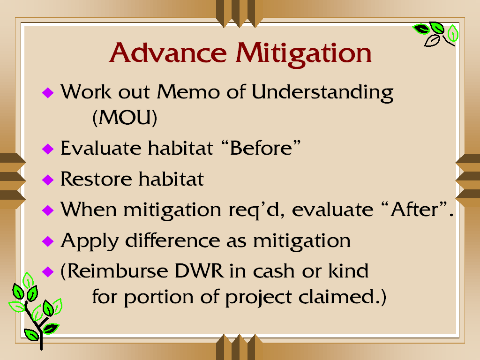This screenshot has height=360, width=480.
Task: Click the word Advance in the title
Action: [x=168, y=52]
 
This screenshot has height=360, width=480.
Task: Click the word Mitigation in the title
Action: [x=303, y=54]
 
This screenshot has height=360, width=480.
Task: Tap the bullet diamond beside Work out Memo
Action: [x=48, y=92]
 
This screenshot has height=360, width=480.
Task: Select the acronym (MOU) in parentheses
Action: [x=125, y=117]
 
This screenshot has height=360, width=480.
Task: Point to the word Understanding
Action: [x=322, y=92]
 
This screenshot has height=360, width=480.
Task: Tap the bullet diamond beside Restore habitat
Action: [x=48, y=180]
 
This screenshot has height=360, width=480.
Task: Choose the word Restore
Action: [x=96, y=179]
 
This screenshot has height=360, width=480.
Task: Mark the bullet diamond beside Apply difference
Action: [x=48, y=241]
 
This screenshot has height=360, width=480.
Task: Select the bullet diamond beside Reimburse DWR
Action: [x=48, y=271]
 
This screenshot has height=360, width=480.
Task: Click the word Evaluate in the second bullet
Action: [x=101, y=148]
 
